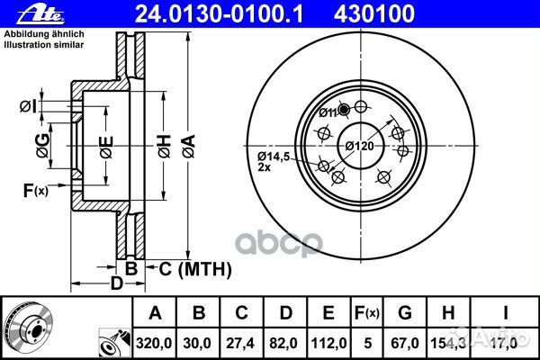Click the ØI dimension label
(x=28, y=107)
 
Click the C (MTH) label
(x=195, y=268)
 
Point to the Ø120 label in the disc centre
(x=359, y=146)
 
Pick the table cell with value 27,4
(x=241, y=341)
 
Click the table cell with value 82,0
(x=285, y=341)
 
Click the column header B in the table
(x=198, y=313)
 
